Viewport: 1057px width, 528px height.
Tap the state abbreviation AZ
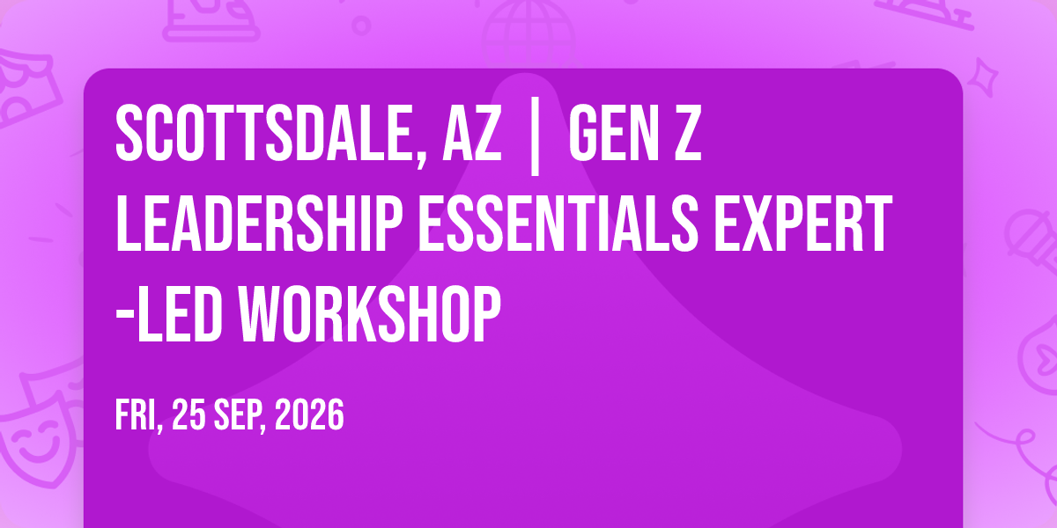pos(471,134)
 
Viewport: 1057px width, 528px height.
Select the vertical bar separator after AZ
pos(535,136)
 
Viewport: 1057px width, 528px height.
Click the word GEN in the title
pos(613,134)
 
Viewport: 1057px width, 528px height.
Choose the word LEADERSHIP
pos(259,224)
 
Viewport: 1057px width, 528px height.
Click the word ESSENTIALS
pos(558,224)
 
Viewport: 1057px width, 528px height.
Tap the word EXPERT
pos(803,224)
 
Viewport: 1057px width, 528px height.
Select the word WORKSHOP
pos(369,314)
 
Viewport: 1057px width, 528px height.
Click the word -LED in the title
pos(169,314)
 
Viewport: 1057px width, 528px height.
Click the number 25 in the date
pos(188,414)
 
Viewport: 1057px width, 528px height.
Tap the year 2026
pos(309,414)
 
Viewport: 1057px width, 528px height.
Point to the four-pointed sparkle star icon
pos(983,77)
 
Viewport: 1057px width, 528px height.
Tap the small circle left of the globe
pos(361,26)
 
